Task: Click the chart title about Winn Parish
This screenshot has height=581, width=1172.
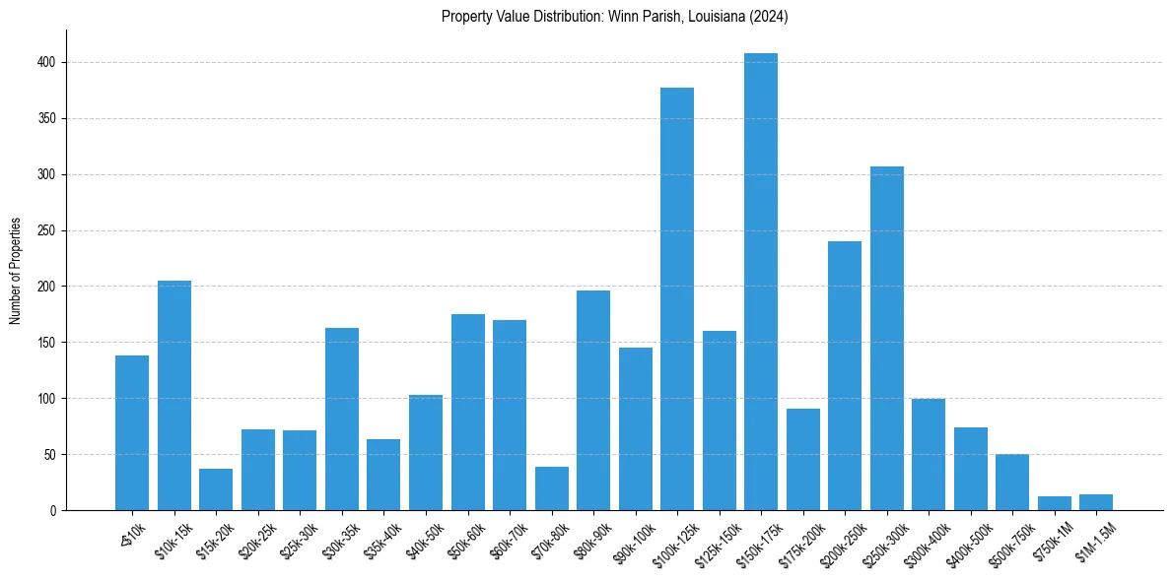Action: pos(614,16)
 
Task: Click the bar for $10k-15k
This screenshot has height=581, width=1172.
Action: pos(174,395)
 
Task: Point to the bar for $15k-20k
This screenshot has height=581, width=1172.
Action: pos(216,489)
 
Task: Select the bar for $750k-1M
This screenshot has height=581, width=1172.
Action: pos(1054,503)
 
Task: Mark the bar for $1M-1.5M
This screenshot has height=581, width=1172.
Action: pos(1095,502)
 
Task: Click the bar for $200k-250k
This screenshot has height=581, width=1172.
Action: pos(844,375)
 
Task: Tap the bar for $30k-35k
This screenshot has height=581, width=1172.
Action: pos(341,419)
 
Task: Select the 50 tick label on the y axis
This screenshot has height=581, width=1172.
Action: pos(55,455)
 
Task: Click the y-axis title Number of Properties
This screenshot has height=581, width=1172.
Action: pos(16,270)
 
